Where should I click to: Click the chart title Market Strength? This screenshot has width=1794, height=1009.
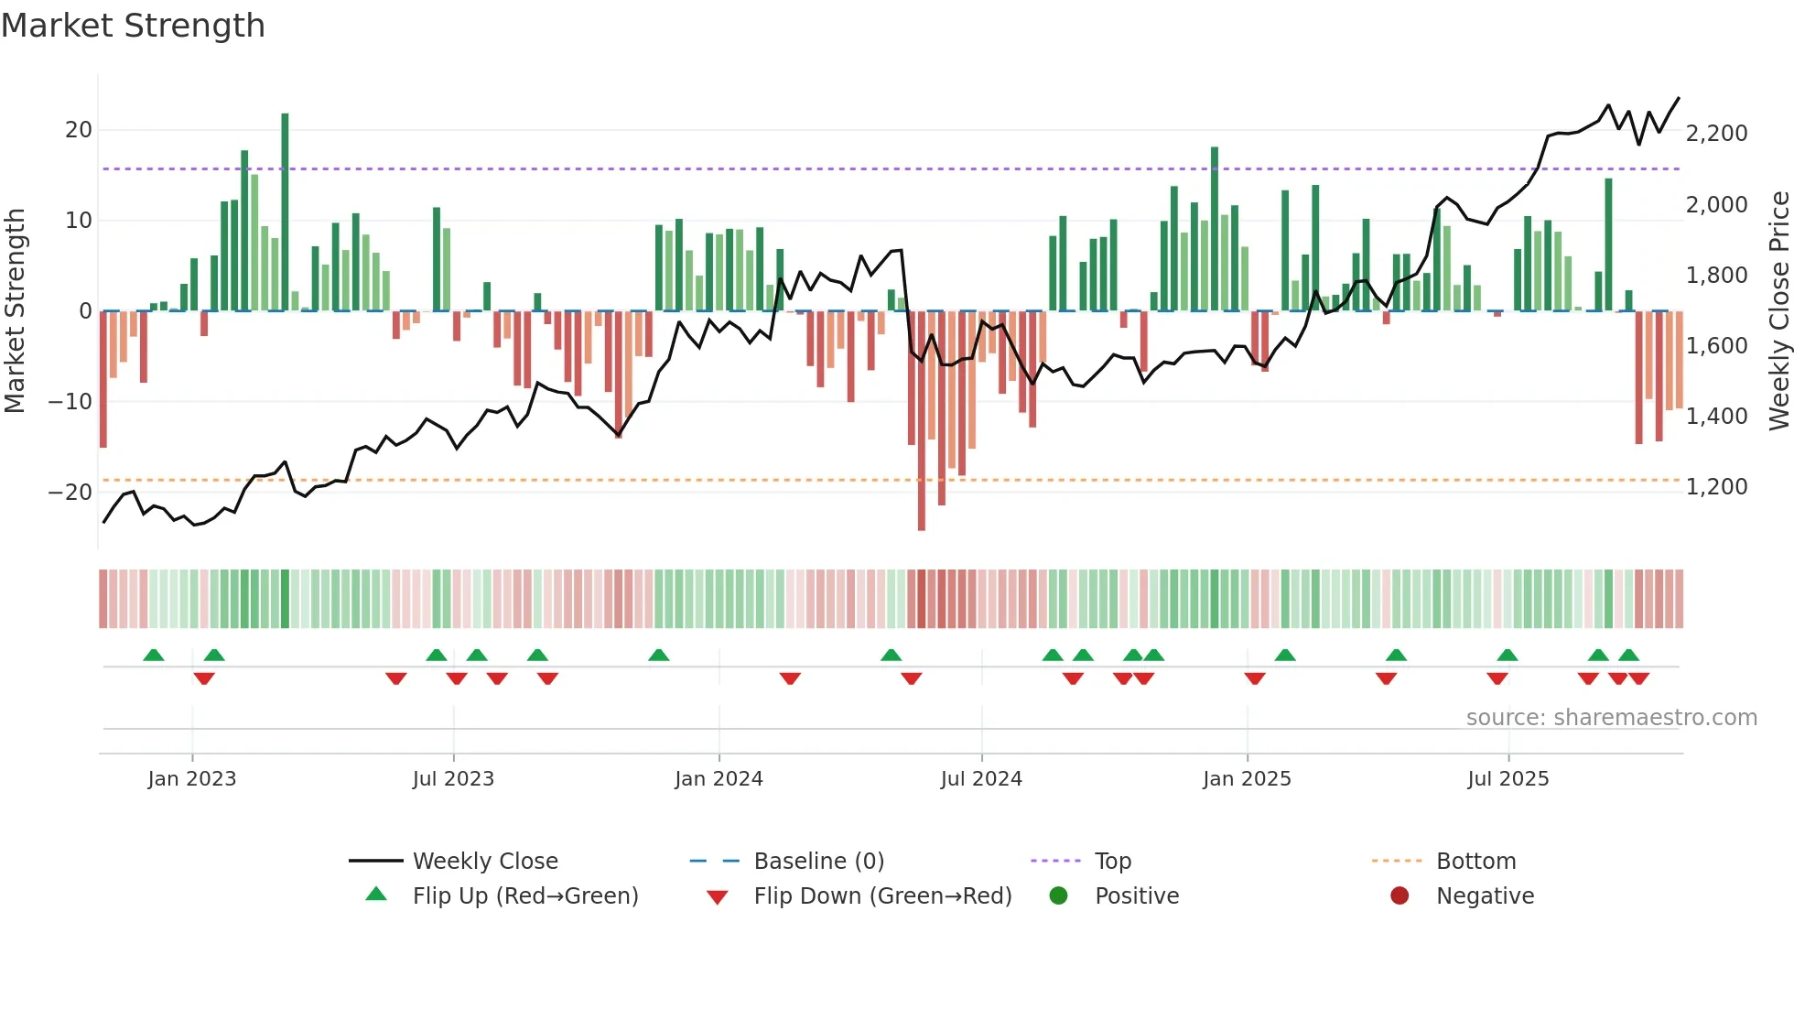pos(133,26)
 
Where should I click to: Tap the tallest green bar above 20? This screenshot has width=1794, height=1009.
pos(285,211)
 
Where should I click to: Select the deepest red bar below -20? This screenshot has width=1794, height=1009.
pos(921,421)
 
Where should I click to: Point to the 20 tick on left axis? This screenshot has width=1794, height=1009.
pos(79,130)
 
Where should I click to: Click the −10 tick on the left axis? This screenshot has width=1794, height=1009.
pos(70,402)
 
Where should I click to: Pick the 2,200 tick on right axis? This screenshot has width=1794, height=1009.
pos(1716,134)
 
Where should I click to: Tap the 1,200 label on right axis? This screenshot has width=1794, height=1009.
pos(1716,487)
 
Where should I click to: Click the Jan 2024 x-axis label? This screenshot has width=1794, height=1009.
pos(719,779)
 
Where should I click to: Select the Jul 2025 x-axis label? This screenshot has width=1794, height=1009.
pos(1508,779)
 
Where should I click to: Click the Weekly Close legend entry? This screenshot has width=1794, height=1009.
pos(484,862)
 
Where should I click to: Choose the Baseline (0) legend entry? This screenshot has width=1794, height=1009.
pos(818,862)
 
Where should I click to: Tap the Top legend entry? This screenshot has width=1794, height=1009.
pos(1112,862)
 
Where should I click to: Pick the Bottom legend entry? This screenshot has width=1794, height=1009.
pos(1475,862)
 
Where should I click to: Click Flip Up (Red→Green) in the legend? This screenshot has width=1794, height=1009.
pos(524,896)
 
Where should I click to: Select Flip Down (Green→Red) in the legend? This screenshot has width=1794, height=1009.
pos(882,896)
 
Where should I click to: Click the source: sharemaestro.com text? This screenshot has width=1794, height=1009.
pos(1611,718)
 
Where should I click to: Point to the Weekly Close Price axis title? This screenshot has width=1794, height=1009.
pos(1778,311)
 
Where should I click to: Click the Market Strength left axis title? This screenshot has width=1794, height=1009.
pos(15,311)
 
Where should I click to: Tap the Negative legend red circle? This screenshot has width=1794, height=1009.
pos(1399,896)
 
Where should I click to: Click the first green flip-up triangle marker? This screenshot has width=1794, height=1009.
pos(154,656)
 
